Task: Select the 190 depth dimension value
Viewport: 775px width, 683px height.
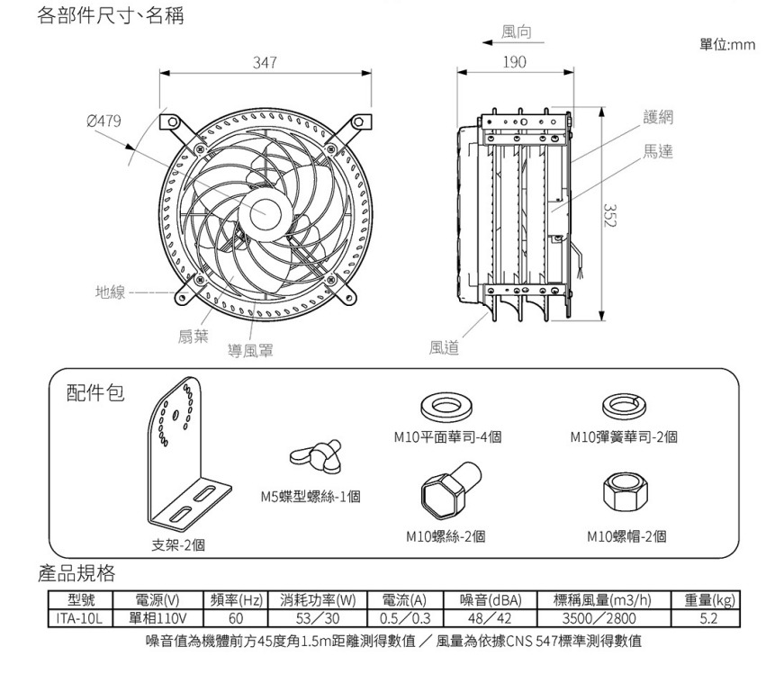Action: (514, 62)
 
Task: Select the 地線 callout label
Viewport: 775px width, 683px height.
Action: (112, 292)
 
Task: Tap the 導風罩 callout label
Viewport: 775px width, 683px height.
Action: (251, 349)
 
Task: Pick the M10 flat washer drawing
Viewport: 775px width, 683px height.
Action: (446, 406)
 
